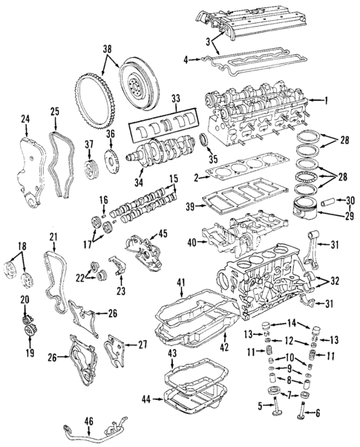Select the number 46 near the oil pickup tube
(88, 422)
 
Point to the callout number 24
(25, 119)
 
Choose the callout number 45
(163, 232)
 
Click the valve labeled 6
(304, 408)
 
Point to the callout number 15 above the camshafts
(174, 178)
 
